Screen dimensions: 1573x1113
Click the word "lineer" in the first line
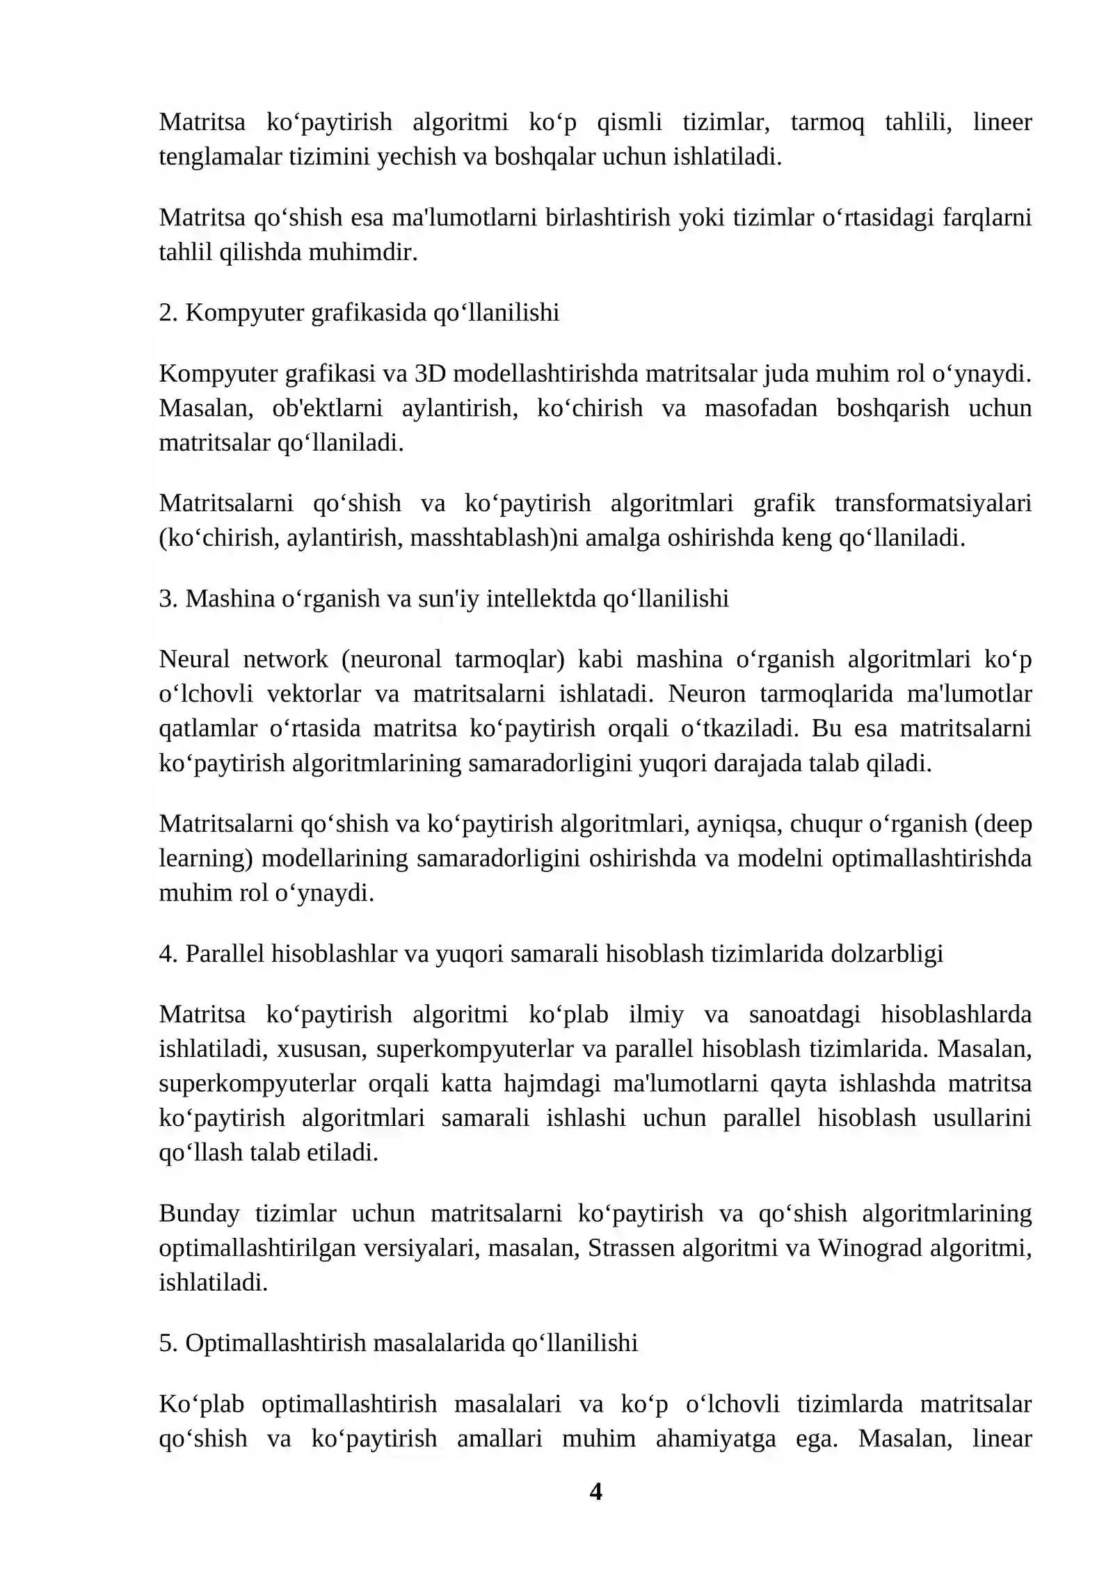(x=1002, y=122)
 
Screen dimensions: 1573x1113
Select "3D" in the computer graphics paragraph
(x=430, y=374)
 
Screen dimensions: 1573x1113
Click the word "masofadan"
(x=761, y=408)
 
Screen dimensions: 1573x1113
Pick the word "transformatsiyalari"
(x=933, y=503)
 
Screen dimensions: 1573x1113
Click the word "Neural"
(x=194, y=659)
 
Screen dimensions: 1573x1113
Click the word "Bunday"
(x=199, y=1213)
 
